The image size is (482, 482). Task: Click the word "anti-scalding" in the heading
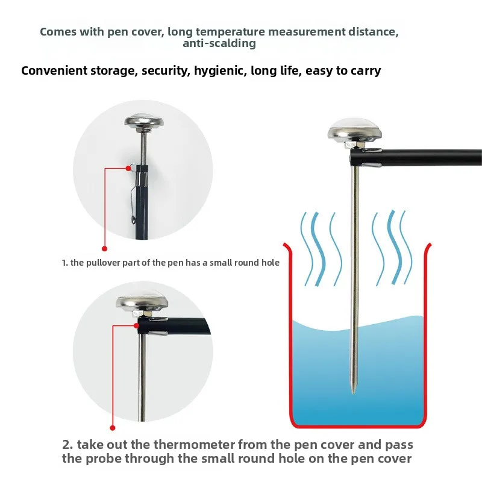point(219,43)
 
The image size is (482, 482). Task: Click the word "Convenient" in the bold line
point(54,70)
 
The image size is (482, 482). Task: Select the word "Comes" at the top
point(58,31)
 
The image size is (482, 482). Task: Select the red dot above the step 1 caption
point(104,248)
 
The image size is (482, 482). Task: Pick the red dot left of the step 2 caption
point(113,428)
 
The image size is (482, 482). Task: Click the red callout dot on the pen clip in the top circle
point(128,168)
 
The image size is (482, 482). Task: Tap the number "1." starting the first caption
point(64,263)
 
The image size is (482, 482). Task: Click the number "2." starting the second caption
point(67,445)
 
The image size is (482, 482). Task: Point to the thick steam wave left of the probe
point(318,249)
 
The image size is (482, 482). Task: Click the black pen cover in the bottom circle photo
point(174,327)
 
